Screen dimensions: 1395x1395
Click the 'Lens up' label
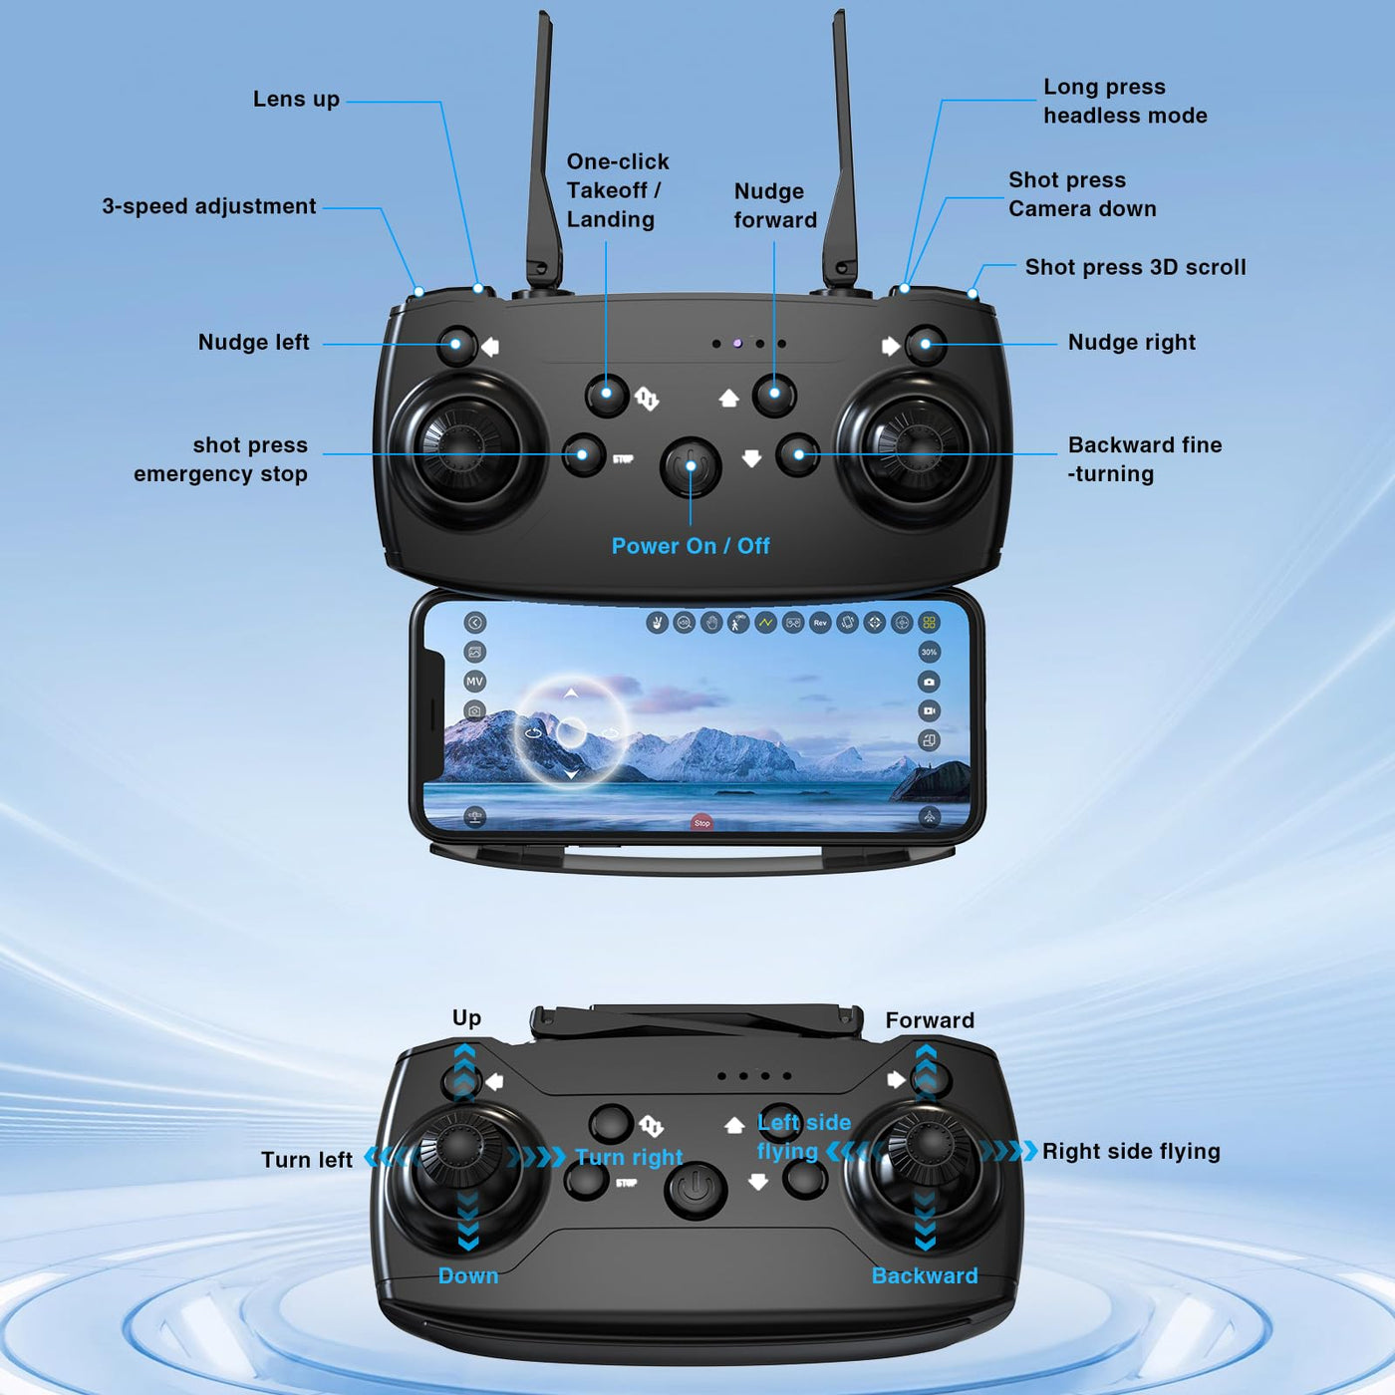(296, 100)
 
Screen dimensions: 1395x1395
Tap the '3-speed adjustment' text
(208, 206)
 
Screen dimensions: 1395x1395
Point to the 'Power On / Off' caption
(691, 546)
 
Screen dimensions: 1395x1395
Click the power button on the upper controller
(691, 466)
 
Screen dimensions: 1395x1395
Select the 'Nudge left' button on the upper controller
(456, 345)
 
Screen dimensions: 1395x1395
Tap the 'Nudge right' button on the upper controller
(925, 345)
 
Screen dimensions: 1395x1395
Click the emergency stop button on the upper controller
(583, 454)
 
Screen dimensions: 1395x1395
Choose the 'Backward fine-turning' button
(798, 454)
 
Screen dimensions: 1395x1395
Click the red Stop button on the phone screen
(701, 822)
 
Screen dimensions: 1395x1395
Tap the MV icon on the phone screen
(475, 682)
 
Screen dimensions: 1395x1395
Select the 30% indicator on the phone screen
(929, 652)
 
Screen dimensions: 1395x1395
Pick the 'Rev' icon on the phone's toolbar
(820, 623)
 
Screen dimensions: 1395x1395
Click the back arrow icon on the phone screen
(475, 623)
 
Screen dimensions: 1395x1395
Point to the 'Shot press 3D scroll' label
(1135, 267)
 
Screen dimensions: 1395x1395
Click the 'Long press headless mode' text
(1125, 102)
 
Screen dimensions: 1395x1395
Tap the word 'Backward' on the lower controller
(925, 1274)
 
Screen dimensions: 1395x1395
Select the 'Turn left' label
(306, 1160)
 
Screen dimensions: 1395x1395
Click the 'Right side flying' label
(1131, 1151)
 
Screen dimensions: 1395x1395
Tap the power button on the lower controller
(695, 1190)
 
